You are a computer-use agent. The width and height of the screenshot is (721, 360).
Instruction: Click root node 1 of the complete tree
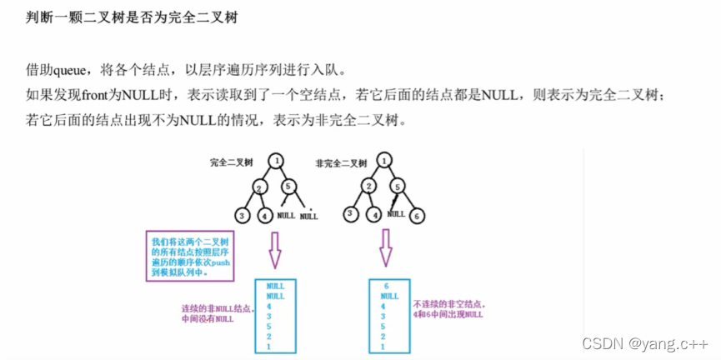(x=277, y=160)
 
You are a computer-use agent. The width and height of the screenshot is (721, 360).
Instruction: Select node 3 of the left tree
(x=243, y=216)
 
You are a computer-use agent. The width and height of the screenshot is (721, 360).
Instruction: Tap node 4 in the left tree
(x=265, y=217)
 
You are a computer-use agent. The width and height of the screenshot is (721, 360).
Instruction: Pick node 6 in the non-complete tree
(x=418, y=216)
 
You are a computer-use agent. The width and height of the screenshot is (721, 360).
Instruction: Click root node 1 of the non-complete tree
(x=383, y=160)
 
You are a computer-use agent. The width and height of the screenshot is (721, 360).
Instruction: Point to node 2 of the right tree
(x=368, y=187)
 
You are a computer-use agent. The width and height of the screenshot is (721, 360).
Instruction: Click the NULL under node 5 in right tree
(x=396, y=213)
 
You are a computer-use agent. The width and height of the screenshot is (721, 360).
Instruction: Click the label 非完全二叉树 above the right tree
(x=342, y=162)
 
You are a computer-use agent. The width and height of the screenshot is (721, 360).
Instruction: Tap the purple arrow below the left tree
(x=274, y=247)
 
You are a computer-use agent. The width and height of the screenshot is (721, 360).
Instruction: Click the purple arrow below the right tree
(x=385, y=247)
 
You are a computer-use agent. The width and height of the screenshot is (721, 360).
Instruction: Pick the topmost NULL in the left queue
(x=276, y=285)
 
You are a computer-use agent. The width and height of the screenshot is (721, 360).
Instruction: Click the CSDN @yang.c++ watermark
(x=645, y=343)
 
